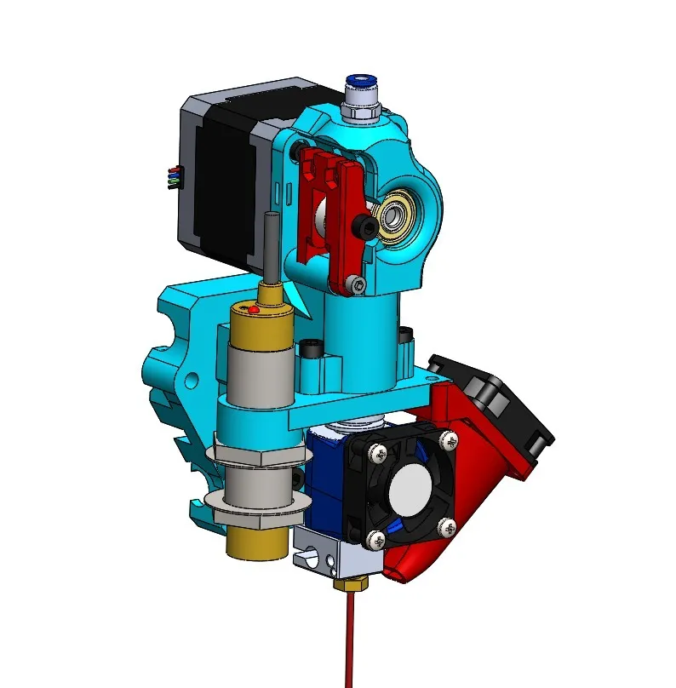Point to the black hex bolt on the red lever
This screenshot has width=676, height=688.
click(366, 226)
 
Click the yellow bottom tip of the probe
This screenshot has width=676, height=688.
click(256, 542)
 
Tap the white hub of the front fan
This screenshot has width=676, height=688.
click(410, 491)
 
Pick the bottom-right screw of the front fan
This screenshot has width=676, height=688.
click(444, 527)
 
